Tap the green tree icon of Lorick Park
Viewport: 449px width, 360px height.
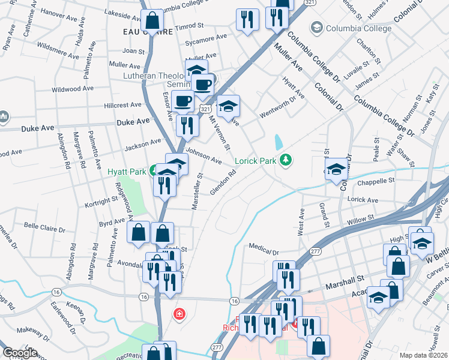point(287,159)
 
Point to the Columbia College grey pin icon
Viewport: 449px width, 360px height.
point(316,27)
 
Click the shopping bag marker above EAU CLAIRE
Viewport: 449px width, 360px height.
point(153,20)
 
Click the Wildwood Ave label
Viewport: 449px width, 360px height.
point(73,89)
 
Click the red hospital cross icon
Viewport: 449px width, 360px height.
point(179,314)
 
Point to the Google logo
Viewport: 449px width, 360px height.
point(20,353)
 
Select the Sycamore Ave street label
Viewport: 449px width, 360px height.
point(206,38)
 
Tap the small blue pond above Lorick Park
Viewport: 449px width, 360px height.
point(278,142)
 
